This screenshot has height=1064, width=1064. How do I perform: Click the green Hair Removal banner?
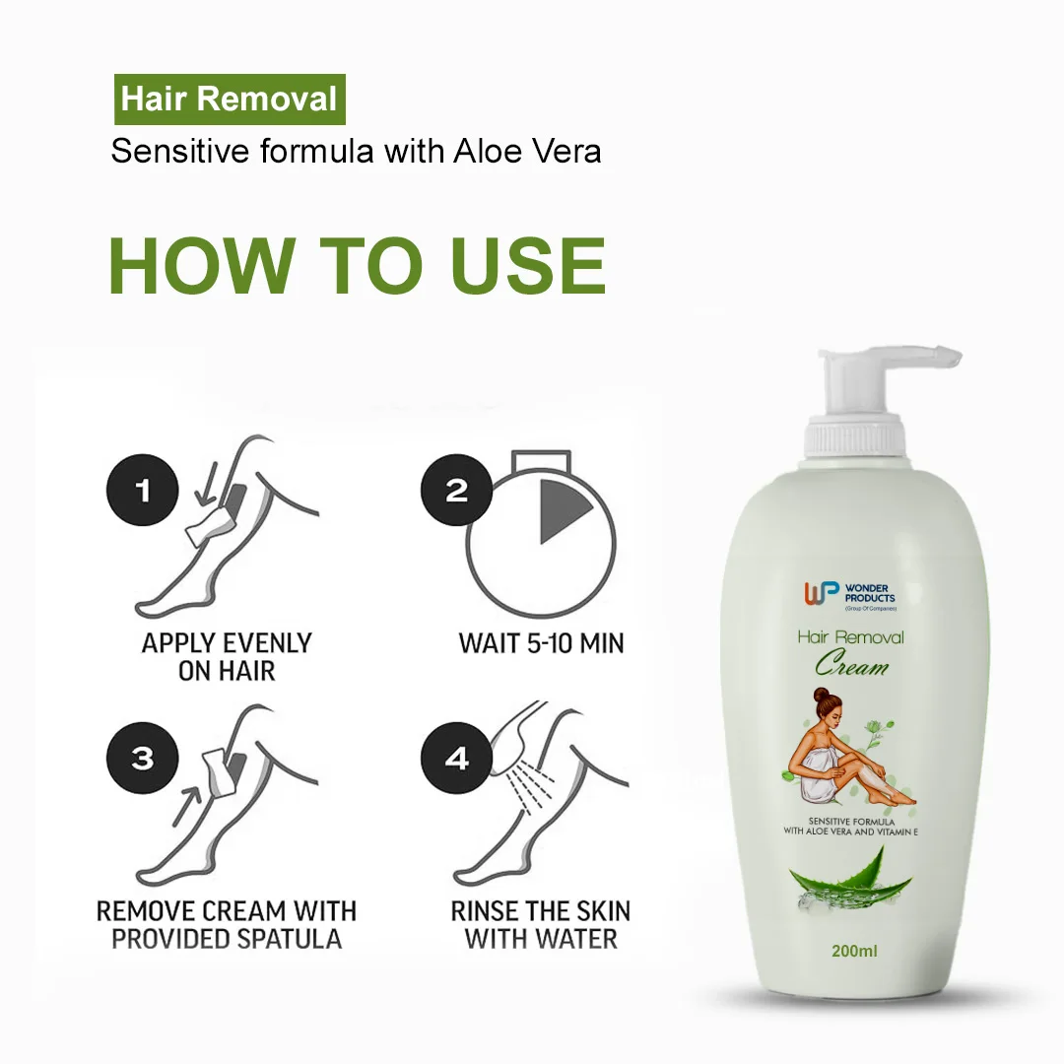click(x=229, y=100)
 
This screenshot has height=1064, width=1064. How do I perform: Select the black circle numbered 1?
click(x=144, y=490)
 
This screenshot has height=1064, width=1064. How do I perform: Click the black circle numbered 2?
click(x=456, y=490)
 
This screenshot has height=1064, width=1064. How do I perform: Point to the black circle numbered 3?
click(x=144, y=758)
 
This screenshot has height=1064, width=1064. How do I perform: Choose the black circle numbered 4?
click(x=456, y=760)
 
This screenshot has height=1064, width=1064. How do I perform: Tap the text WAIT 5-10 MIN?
click(x=541, y=643)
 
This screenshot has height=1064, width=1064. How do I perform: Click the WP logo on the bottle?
click(x=823, y=593)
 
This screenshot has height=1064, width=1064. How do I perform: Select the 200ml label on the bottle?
click(x=854, y=951)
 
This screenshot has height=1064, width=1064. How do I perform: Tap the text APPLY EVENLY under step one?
click(x=227, y=643)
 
